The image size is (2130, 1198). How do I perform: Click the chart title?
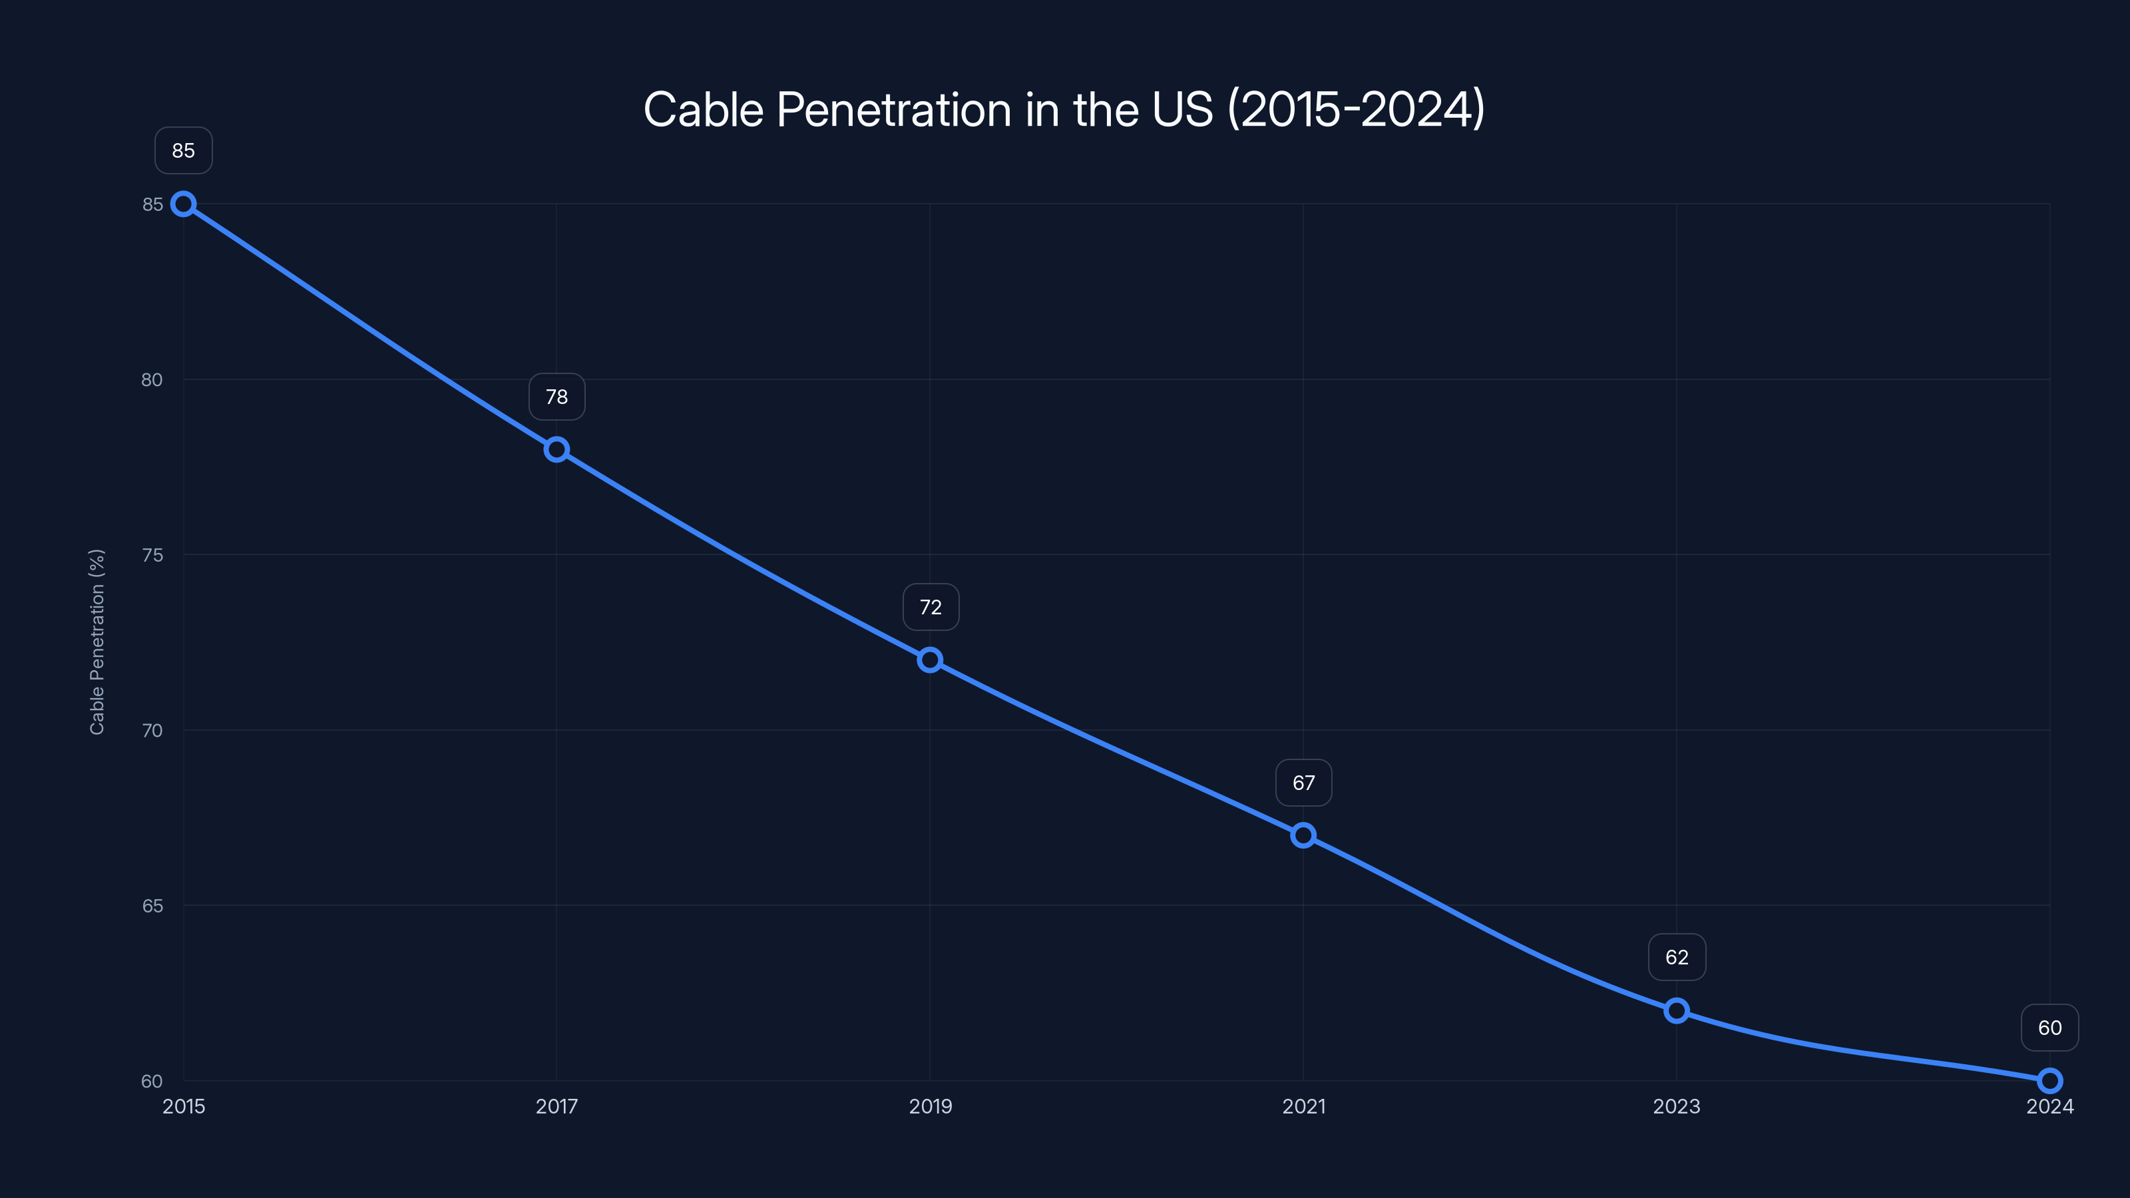(x=1064, y=109)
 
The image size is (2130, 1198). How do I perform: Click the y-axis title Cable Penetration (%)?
(x=97, y=642)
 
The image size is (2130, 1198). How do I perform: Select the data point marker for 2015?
(x=184, y=204)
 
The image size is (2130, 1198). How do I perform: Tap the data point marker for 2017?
(x=556, y=450)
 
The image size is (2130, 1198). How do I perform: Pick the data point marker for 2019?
(x=931, y=660)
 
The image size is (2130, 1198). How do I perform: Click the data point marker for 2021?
(x=1303, y=835)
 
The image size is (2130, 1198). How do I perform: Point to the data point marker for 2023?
(x=1676, y=1010)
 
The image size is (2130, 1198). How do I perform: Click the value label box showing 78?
(x=556, y=397)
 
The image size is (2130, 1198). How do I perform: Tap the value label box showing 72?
(x=931, y=607)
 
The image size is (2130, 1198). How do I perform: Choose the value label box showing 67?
(x=1303, y=782)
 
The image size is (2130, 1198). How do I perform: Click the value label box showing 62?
(x=1676, y=958)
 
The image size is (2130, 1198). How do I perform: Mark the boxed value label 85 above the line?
(x=184, y=150)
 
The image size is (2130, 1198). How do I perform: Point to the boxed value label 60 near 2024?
(x=2050, y=1028)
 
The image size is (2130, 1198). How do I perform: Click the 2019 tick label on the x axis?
(x=931, y=1106)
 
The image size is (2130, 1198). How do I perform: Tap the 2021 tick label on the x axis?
(x=1303, y=1106)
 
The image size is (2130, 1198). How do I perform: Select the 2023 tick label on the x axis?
(x=1676, y=1106)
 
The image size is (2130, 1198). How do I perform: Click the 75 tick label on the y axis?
(x=152, y=555)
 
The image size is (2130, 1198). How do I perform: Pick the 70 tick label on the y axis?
(x=152, y=730)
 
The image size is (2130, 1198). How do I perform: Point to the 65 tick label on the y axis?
(x=152, y=905)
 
